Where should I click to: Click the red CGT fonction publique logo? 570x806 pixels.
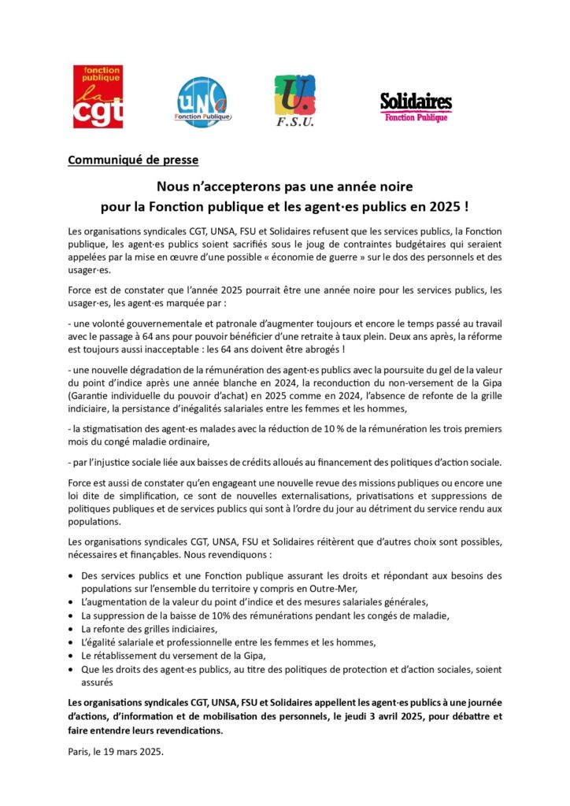[x=98, y=97]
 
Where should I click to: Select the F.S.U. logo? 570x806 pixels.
[x=295, y=101]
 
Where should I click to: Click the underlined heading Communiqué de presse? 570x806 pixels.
[x=133, y=161]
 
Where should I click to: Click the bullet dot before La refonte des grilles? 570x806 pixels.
[x=72, y=629]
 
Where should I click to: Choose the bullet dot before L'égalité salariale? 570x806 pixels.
[x=72, y=642]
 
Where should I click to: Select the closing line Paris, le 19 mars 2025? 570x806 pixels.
[x=116, y=752]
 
